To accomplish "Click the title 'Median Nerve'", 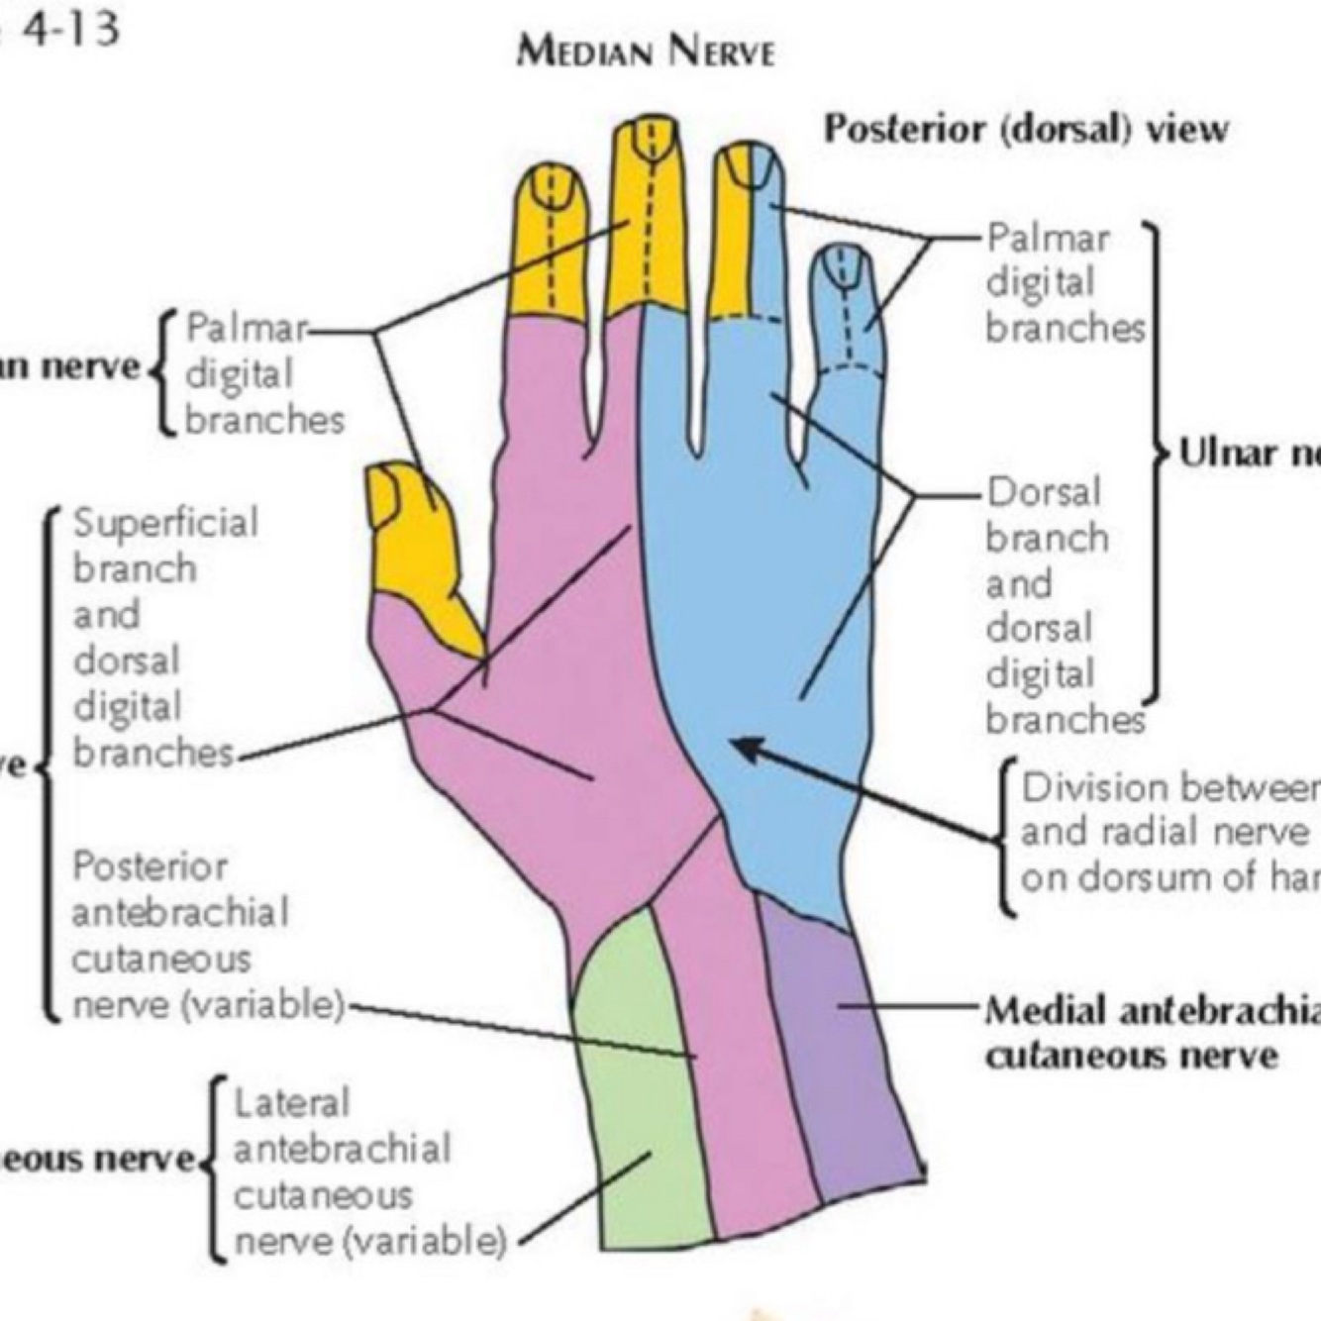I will click(645, 50).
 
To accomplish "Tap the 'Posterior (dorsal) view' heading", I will click(1026, 129).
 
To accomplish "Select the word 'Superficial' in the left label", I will click(165, 523).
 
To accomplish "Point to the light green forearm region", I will click(634, 1089).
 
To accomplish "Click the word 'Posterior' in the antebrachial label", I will click(150, 867).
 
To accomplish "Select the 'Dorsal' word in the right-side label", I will click(1044, 492).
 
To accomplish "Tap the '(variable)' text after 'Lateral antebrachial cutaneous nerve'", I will click(423, 1240).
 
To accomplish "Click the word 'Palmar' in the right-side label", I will click(1048, 239).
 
